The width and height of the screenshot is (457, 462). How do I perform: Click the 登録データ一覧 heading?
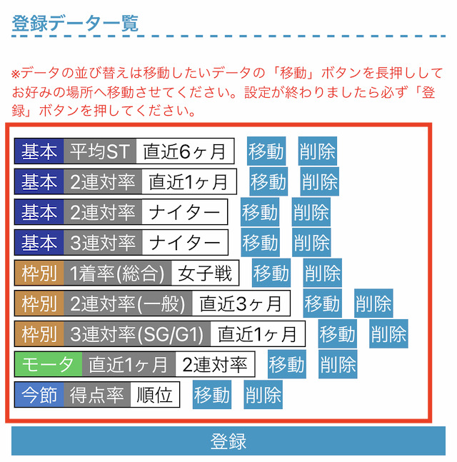coord(75,23)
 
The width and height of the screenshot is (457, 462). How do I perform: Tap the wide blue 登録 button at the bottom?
coord(228,441)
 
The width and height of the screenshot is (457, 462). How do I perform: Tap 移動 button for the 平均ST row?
coord(266,151)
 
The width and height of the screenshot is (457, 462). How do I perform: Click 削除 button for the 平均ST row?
coord(317,151)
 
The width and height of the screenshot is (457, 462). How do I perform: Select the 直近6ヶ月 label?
coord(185,151)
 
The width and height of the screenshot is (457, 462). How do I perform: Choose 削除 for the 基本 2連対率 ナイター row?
coord(311,212)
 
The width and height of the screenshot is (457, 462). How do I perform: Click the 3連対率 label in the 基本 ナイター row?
coord(103,243)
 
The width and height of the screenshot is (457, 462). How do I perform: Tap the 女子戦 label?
coord(205,273)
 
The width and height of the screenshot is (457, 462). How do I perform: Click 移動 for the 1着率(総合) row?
coord(271,273)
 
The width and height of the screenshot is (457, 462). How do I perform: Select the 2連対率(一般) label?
coord(128,303)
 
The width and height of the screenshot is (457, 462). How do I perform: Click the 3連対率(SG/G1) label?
coord(137,334)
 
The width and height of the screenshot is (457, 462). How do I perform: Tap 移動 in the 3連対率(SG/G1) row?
coord(337,333)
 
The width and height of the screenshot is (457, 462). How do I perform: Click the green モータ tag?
coord(48,364)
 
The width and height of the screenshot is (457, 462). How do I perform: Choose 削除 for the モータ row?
coord(338,364)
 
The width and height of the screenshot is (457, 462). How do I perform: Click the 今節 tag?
coord(39,395)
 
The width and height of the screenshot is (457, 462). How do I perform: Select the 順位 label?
coord(155,395)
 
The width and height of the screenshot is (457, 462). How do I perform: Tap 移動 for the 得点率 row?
coord(212,395)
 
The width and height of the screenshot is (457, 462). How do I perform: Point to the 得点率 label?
coord(97,395)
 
